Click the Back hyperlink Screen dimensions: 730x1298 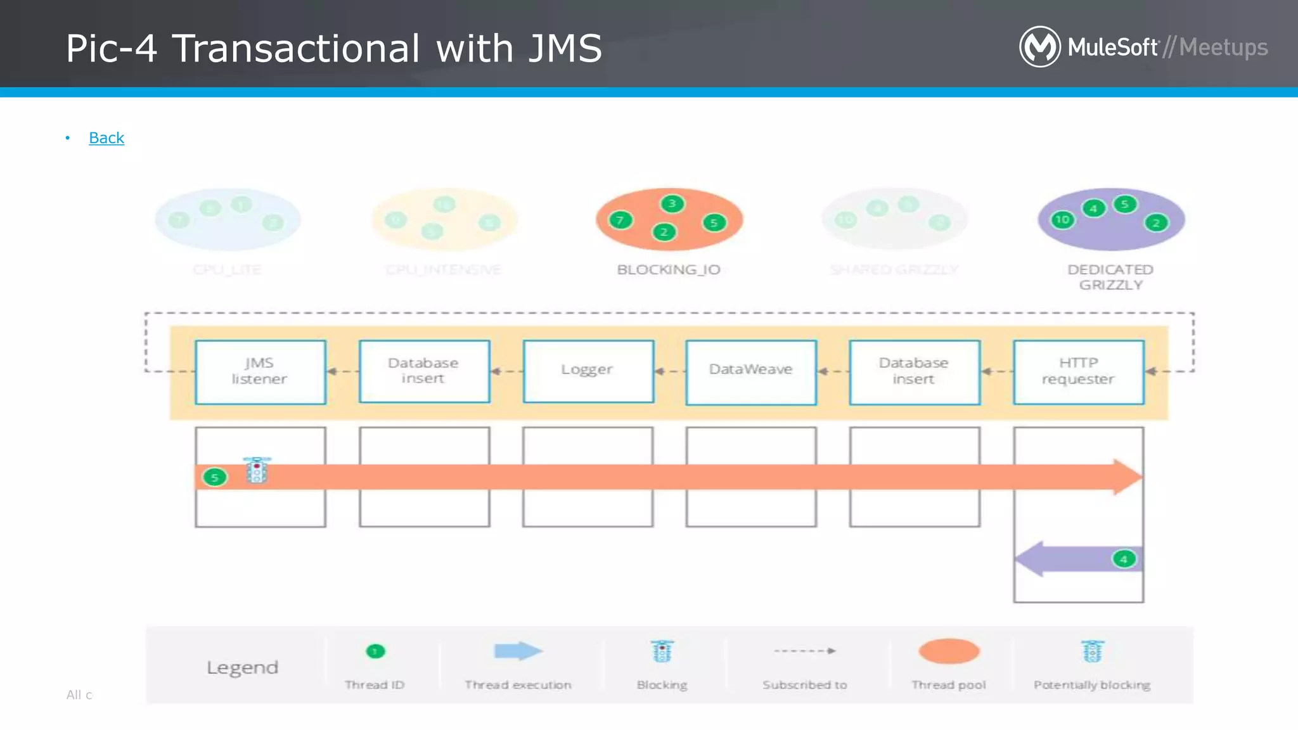click(x=106, y=138)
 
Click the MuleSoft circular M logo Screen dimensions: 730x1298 click(x=1039, y=46)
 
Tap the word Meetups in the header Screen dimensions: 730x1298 click(x=1223, y=48)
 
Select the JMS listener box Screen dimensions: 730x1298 click(x=260, y=372)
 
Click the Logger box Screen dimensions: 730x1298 click(x=588, y=371)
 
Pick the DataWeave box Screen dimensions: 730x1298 click(x=751, y=372)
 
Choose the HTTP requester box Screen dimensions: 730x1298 click(x=1078, y=372)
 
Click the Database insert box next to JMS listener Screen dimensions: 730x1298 click(x=424, y=371)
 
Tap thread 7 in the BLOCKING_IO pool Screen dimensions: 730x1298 click(x=620, y=220)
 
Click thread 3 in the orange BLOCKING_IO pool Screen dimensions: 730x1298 click(x=672, y=203)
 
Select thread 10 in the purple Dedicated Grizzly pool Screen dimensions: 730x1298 click(x=1062, y=220)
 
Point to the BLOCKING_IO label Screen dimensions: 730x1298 click(x=669, y=270)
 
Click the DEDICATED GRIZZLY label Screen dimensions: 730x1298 click(x=1110, y=278)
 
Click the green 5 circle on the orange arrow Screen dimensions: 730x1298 click(x=215, y=477)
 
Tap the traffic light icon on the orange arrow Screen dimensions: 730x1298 click(x=257, y=470)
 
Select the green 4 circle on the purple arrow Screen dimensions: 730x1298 click(x=1124, y=559)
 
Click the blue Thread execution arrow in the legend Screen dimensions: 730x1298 click(x=518, y=651)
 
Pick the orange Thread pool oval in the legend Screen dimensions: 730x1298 click(x=949, y=651)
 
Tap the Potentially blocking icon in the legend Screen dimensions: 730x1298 click(x=1092, y=651)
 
